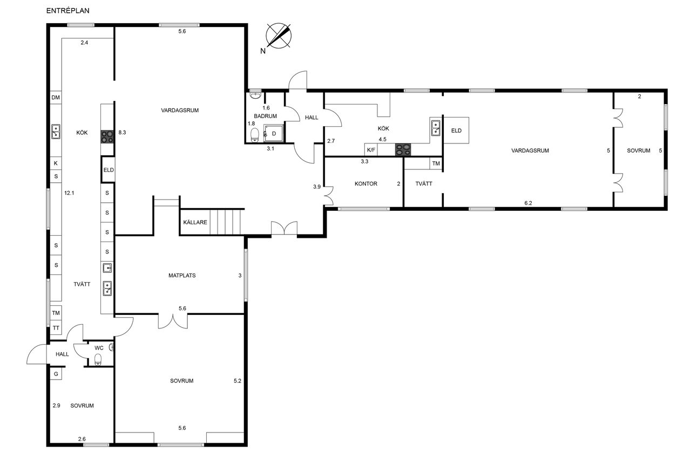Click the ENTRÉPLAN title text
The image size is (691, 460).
(x=68, y=10)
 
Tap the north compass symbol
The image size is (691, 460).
(x=278, y=36)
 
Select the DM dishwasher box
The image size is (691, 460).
(x=56, y=98)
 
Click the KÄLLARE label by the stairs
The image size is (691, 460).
(x=195, y=222)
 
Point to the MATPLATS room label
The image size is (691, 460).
(x=182, y=276)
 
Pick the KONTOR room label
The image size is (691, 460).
(x=366, y=184)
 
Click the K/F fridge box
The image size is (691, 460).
(x=371, y=150)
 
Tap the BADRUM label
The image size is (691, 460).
(x=265, y=116)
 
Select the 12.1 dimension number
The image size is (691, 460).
(x=69, y=193)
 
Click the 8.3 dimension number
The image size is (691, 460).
(x=122, y=133)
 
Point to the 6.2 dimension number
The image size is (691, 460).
(x=528, y=203)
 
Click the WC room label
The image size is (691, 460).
(x=99, y=348)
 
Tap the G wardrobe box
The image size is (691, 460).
(x=56, y=374)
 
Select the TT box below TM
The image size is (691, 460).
(x=56, y=328)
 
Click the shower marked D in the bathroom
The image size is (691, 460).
(x=273, y=133)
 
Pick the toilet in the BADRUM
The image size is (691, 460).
(x=254, y=135)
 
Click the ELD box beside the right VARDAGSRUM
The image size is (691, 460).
(x=456, y=131)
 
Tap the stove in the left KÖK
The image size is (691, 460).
(x=107, y=137)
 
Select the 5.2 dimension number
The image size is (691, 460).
(x=238, y=381)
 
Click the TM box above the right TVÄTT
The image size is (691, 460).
(x=436, y=163)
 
